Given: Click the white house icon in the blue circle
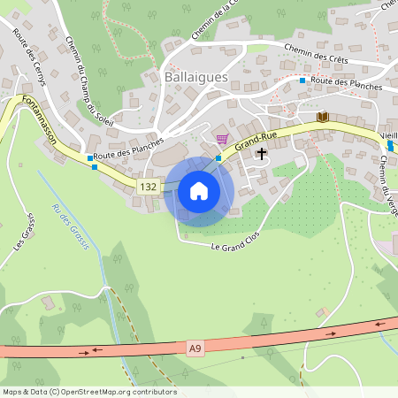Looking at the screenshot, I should coord(199,191).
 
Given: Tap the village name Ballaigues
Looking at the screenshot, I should coord(195,78).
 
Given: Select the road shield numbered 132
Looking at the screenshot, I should coord(149,187).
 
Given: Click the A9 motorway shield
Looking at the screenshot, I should coord(195,349).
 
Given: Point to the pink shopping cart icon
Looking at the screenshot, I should coord(221,138).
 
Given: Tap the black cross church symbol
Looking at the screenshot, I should coord(261,153).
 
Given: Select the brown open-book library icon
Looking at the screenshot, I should coord(322,117).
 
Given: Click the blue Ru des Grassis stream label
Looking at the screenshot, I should coord(71,227).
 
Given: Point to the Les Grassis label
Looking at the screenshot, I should coord(24,230).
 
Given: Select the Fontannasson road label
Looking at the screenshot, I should coord(41,127).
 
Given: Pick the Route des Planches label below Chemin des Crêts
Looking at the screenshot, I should coord(347,83).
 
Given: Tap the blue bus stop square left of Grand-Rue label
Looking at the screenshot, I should coord(218,158).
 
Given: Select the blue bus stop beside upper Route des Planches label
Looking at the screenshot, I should coord(302,80).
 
